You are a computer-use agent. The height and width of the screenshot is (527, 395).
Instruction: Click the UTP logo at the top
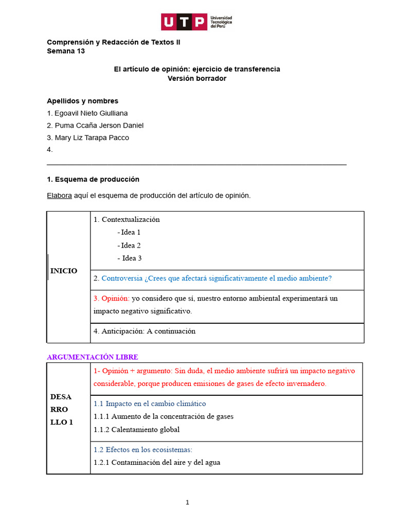[197, 22]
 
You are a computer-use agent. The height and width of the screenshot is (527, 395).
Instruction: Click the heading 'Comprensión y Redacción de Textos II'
[113, 42]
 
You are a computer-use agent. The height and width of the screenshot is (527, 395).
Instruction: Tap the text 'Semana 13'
[66, 51]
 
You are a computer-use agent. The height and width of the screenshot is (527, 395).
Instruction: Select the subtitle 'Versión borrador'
[197, 78]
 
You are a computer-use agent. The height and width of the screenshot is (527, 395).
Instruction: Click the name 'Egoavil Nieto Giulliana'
[91, 113]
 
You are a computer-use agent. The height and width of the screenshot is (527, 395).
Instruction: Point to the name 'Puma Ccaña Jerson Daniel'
[98, 126]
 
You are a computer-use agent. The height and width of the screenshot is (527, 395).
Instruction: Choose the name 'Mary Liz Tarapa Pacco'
[91, 138]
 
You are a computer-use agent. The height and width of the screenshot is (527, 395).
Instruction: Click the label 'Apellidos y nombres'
[82, 101]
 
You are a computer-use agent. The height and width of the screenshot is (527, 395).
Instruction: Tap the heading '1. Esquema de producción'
[93, 180]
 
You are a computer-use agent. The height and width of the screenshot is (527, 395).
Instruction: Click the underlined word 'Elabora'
[59, 196]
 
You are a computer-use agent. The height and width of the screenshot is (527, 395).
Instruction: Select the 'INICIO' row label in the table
[64, 271]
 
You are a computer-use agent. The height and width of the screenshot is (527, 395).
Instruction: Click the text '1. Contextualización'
[127, 219]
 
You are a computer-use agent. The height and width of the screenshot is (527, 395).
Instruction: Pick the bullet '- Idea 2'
[129, 245]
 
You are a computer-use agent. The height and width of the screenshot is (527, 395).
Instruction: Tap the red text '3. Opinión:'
[112, 298]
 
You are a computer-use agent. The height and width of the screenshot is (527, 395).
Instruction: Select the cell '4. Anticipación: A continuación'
[145, 331]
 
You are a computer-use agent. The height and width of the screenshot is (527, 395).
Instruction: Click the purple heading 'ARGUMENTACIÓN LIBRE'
[93, 357]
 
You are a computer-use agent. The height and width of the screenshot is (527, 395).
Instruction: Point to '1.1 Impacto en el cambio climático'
[150, 403]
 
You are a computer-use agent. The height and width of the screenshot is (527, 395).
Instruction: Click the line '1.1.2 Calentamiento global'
[137, 429]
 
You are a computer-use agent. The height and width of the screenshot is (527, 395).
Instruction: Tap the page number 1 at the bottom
[187, 502]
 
